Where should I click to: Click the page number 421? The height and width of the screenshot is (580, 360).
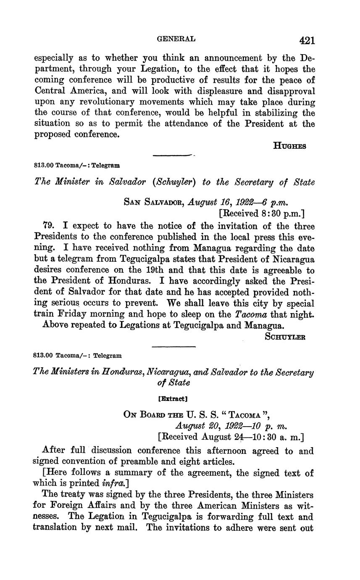click(307, 40)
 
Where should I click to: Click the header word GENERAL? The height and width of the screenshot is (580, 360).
click(176, 39)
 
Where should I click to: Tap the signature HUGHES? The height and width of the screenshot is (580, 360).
click(289, 146)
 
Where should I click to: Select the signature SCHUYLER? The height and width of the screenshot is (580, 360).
click(285, 336)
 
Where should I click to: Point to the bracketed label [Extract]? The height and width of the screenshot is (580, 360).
click(173, 397)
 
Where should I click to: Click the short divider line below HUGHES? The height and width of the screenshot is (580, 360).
click(173, 156)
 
